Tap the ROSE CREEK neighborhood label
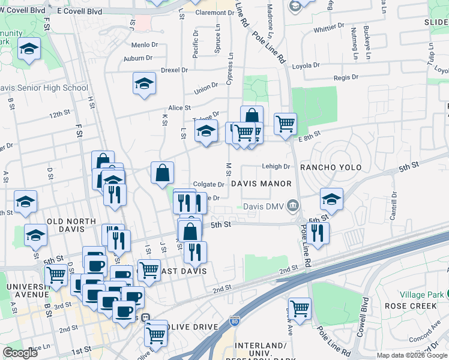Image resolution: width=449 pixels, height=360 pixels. click(x=423, y=305)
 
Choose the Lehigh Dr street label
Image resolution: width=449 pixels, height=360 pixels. click(x=276, y=167)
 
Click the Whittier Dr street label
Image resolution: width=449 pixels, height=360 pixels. click(x=328, y=27)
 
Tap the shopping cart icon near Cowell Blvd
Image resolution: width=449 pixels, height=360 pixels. click(x=300, y=308)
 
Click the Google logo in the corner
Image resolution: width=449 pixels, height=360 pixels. click(x=20, y=353)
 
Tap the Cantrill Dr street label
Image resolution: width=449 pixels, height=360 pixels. click(x=394, y=205)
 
